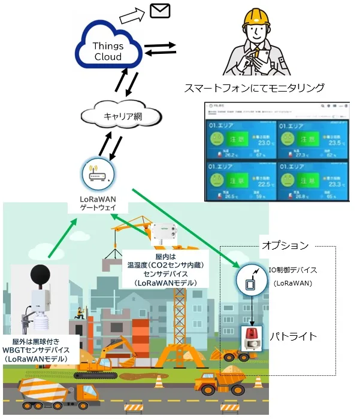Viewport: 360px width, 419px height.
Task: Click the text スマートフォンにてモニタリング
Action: [x=254, y=88]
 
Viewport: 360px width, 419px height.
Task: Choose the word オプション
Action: [x=285, y=245]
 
